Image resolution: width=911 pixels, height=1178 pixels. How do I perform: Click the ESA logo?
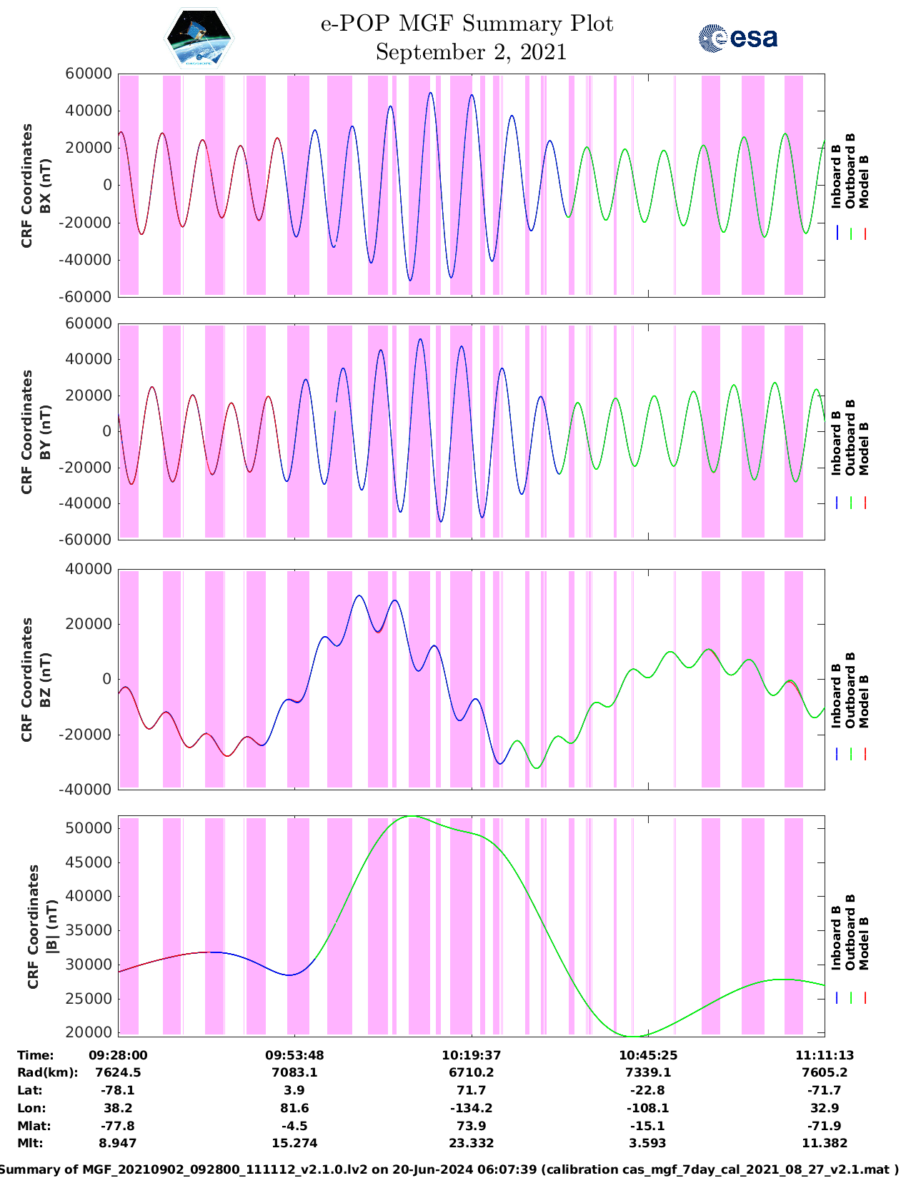coord(737,38)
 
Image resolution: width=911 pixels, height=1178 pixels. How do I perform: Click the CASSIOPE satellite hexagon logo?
coord(199,38)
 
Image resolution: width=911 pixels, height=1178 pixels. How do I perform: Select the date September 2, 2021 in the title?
coord(471,52)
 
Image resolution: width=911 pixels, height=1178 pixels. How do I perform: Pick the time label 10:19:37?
coord(472,1055)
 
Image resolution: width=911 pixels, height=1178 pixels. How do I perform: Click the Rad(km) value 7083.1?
coord(294,1072)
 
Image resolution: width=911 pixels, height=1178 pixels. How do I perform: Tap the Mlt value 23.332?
coord(472,1143)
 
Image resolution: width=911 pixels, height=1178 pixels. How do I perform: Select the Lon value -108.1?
coord(648,1108)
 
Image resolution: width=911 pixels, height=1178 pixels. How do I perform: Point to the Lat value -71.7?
coord(825,1090)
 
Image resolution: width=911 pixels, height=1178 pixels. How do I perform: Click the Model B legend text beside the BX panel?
coord(864,181)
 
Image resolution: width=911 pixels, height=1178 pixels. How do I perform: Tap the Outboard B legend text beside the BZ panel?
coord(850,690)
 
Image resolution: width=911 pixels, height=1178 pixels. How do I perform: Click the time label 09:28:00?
coord(118,1055)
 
